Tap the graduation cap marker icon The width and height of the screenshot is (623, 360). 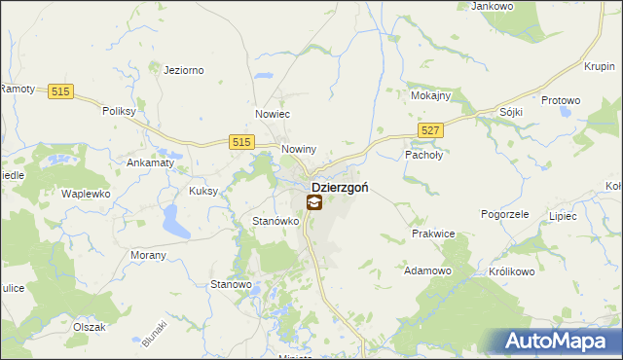tap(314, 203)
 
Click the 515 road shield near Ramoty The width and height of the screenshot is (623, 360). tap(61, 90)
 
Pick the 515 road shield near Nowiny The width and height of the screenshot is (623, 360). tap(243, 142)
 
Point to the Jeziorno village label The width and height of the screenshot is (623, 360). tap(183, 70)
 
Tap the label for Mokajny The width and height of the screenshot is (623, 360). tap(429, 97)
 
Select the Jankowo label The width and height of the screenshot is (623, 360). tap(491, 6)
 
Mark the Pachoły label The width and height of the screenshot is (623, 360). tap(423, 154)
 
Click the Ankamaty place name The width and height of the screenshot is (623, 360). tap(150, 162)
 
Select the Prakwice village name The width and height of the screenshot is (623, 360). tap(433, 234)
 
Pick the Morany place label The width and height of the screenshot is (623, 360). tap(148, 254)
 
